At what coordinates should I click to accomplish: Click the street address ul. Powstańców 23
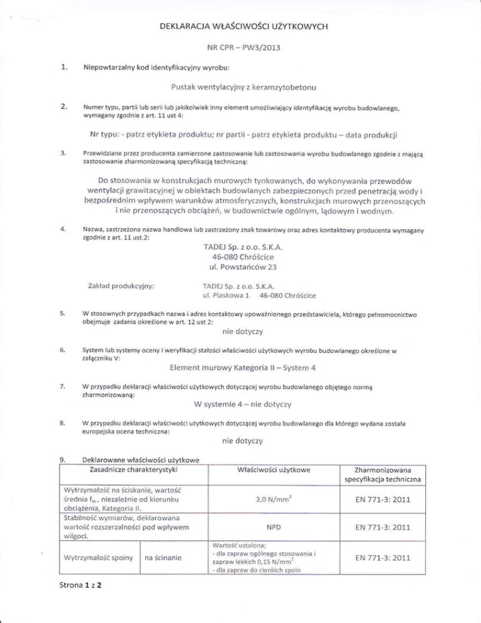coord(241,268)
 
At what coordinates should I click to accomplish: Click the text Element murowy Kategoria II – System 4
coord(242,367)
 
